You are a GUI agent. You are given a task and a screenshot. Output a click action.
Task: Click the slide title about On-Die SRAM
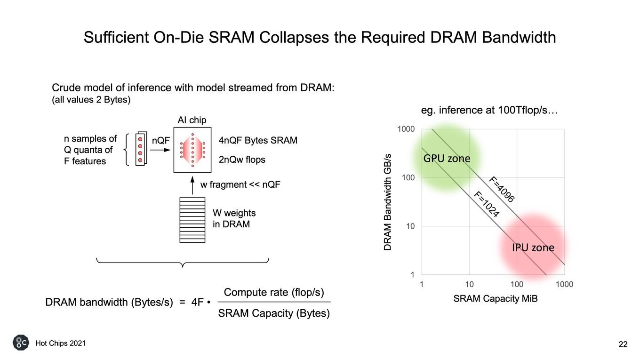tap(320, 38)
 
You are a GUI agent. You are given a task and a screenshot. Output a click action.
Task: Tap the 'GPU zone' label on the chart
tap(447, 158)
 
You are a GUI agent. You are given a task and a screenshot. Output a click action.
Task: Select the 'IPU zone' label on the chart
tap(533, 248)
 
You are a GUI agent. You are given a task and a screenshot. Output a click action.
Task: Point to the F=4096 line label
tap(502, 189)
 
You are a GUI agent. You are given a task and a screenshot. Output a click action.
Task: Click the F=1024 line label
tap(487, 204)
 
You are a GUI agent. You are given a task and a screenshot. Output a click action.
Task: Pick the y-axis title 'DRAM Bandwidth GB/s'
tap(387, 202)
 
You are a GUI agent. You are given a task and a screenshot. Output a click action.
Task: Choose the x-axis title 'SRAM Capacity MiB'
tap(496, 298)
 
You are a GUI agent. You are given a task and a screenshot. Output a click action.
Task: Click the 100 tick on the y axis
tap(408, 178)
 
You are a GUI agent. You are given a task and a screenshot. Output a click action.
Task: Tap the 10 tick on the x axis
tap(469, 284)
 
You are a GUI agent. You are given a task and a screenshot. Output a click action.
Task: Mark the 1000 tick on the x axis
tap(564, 284)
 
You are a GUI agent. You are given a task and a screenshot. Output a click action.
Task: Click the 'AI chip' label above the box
tap(192, 120)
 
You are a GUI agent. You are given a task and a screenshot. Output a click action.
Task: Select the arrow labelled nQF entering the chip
tap(160, 150)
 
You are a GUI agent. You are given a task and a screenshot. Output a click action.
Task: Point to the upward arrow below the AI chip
tap(192, 185)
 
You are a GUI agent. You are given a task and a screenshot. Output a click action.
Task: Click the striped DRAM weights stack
tap(192, 220)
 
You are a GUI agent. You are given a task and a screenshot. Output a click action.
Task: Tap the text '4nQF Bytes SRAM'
tap(258, 140)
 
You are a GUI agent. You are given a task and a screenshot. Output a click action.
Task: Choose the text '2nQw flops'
tap(242, 160)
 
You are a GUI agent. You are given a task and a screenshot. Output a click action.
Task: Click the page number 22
tap(623, 344)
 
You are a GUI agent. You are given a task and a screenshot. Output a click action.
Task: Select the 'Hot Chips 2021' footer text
tap(61, 343)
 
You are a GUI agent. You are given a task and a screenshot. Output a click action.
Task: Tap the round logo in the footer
tap(21, 343)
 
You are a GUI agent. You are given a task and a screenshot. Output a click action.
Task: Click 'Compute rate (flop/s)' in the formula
tap(274, 292)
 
